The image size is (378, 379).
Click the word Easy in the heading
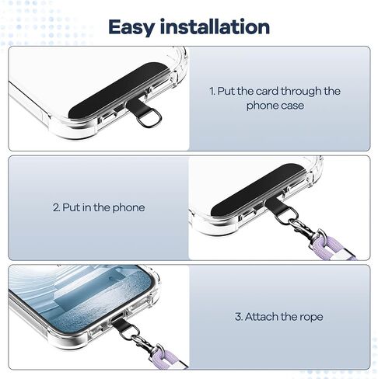point(131,27)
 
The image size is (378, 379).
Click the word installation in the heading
point(215,26)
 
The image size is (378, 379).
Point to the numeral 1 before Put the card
point(212,91)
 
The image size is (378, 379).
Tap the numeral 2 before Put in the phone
point(56,207)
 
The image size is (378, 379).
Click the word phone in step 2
point(128,208)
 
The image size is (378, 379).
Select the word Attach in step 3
point(261,317)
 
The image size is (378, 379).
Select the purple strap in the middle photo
point(334,249)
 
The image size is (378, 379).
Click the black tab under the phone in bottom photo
point(122,324)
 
